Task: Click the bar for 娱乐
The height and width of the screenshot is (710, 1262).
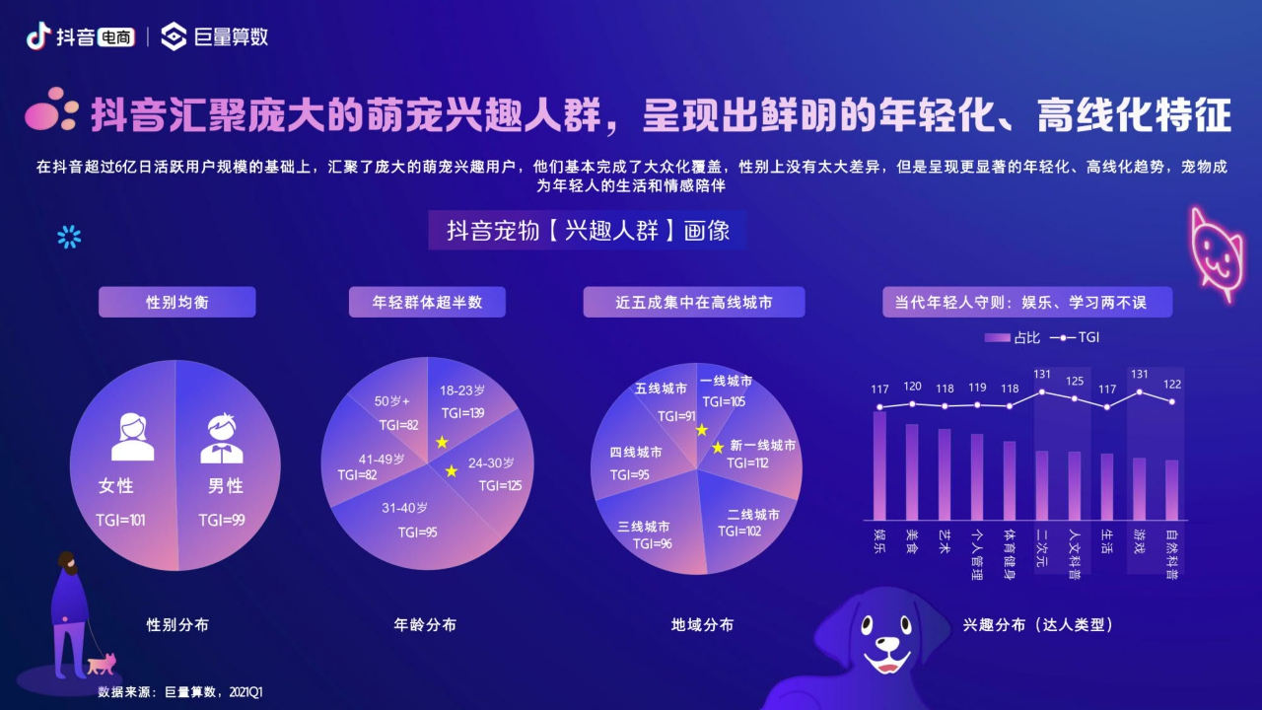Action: tap(879, 465)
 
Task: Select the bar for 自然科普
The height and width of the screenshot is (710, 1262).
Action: tap(1171, 489)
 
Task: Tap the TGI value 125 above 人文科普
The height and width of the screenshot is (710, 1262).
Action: tap(1075, 381)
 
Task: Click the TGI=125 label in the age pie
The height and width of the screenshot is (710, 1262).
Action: tap(500, 485)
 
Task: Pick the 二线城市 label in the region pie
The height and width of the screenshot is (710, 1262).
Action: tap(753, 515)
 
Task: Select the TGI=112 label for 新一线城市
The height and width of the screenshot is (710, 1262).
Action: tap(747, 462)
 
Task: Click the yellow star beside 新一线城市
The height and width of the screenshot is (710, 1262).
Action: tap(718, 448)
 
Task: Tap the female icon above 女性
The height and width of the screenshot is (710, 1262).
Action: tap(132, 437)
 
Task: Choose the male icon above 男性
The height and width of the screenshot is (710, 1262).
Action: tap(222, 438)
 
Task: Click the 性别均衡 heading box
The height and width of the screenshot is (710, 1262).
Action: tap(176, 302)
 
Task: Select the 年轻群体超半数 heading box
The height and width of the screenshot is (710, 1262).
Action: tap(427, 302)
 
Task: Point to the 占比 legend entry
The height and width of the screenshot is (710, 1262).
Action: tap(1012, 337)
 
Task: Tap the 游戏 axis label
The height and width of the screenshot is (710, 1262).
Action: tap(1139, 540)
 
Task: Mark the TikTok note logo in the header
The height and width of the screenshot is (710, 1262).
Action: tap(37, 36)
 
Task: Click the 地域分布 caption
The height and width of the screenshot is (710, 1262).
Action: tap(702, 624)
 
